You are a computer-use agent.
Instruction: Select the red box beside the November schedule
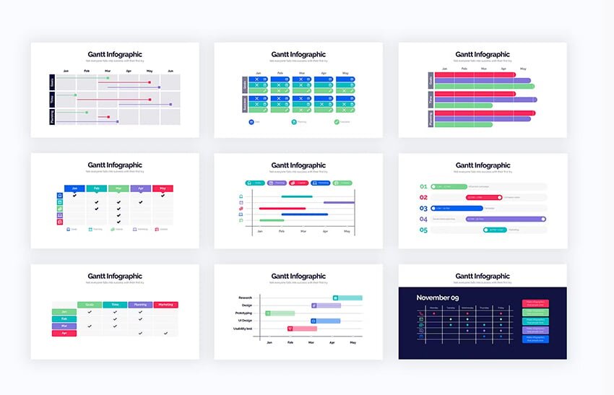535,303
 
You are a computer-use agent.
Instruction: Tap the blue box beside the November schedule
535,339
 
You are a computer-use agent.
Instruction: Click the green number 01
424,186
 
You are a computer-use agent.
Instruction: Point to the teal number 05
424,230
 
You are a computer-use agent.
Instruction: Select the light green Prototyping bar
280,313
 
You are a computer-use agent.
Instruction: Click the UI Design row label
242,321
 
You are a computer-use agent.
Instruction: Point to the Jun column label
170,71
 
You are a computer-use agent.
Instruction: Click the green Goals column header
90,305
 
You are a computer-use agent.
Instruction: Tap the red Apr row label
64,333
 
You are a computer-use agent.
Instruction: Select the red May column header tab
163,188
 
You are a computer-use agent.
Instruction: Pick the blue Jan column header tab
74,188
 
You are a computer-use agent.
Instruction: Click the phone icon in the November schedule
420,313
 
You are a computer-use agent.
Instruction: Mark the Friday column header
500,307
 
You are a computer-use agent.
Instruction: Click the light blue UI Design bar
326,321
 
